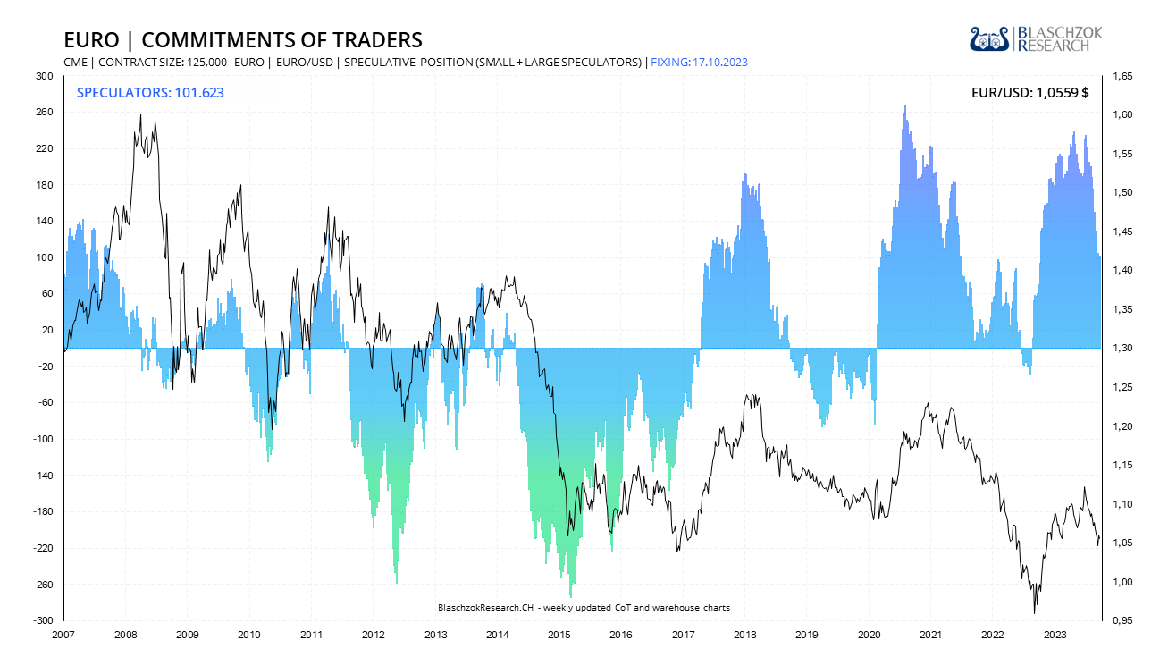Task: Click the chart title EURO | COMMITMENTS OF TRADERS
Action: click(243, 40)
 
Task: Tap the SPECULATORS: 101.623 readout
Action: click(150, 92)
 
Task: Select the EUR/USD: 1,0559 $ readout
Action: click(1029, 92)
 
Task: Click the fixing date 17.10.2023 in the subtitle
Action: click(719, 63)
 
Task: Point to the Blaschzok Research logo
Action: click(1036, 38)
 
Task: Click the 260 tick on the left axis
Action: click(45, 113)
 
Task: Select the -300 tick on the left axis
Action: click(43, 620)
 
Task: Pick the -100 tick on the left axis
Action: click(43, 439)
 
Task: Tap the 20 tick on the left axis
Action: click(47, 330)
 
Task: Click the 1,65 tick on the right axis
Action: click(1122, 77)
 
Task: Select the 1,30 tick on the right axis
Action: click(1122, 349)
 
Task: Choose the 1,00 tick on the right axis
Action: click(1122, 582)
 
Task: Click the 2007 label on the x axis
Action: click(63, 635)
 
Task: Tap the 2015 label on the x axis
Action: click(559, 635)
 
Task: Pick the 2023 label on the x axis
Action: click(1055, 635)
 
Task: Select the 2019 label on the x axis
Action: click(806, 635)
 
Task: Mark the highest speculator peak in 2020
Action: click(905, 105)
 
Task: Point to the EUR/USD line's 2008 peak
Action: click(140, 114)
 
